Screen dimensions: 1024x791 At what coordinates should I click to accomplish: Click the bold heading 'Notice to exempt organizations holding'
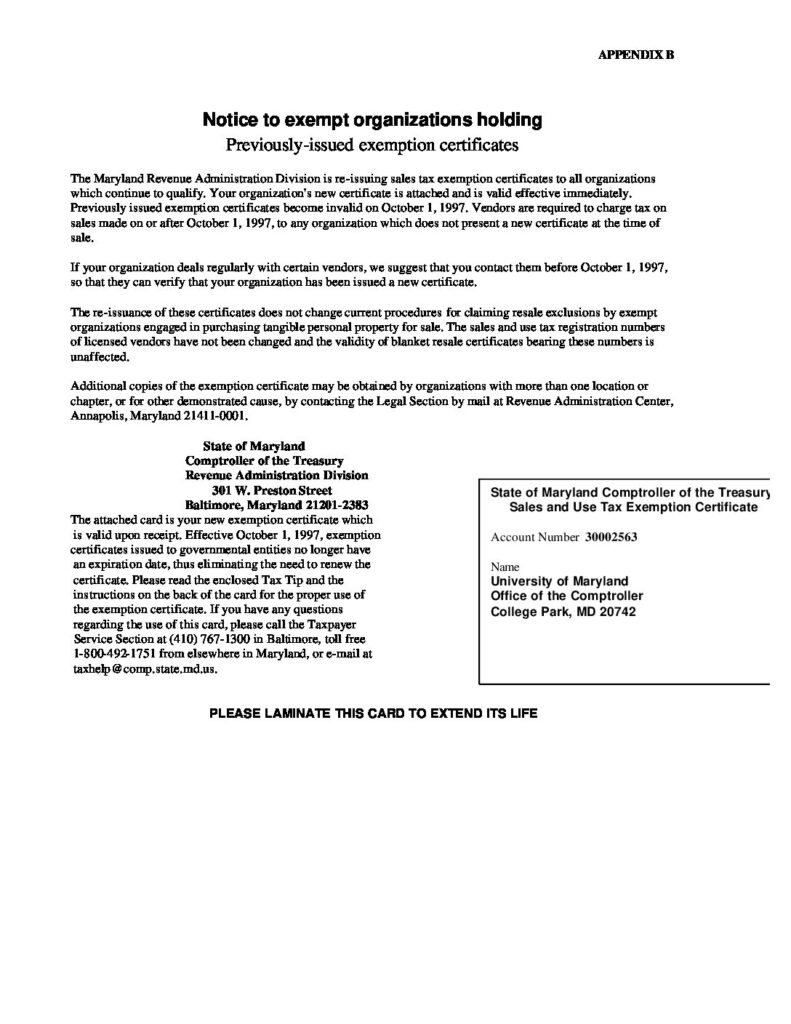point(373,121)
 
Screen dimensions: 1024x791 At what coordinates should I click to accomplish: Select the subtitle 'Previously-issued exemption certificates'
point(373,146)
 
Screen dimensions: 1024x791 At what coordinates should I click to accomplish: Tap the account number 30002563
point(611,537)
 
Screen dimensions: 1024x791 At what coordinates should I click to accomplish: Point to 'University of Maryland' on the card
point(559,580)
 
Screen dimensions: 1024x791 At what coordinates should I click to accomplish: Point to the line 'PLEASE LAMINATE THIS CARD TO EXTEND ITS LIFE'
point(373,714)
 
